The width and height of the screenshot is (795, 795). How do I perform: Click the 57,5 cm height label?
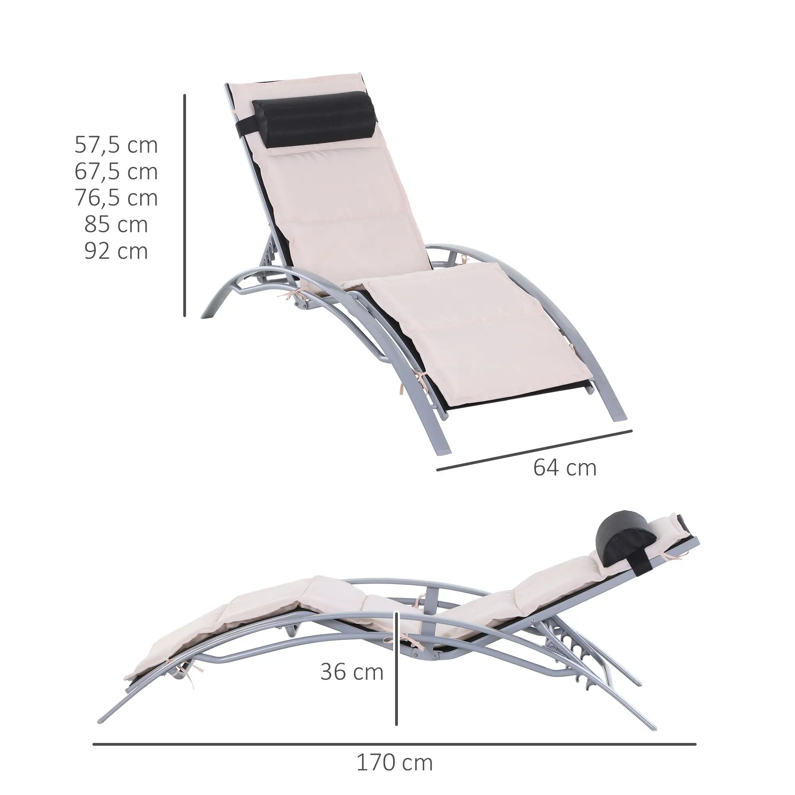pos(116,145)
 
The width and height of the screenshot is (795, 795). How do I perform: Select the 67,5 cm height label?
pos(116,172)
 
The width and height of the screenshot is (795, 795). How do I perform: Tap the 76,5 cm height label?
pos(116,198)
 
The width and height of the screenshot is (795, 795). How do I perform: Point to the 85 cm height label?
pos(116,225)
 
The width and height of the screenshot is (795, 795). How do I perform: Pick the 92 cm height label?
pos(116,251)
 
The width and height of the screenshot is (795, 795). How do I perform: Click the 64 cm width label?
pos(564,468)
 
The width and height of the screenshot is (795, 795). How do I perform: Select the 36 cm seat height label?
pos(352,672)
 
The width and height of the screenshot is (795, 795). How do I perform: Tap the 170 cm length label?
pos(394,762)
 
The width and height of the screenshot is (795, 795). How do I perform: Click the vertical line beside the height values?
pos(185,206)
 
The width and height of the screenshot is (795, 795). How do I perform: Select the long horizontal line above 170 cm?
pos(394,733)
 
